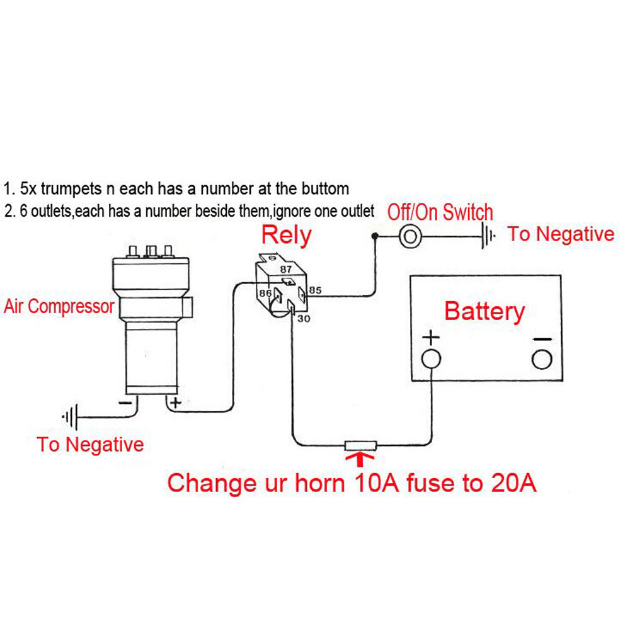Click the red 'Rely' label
[286, 235]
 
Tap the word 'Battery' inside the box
[484, 312]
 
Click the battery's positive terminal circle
[431, 359]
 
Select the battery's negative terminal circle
[541, 359]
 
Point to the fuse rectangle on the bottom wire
[360, 445]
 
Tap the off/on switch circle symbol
[409, 236]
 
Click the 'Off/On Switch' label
[440, 212]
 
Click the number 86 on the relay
[265, 293]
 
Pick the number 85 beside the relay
[316, 290]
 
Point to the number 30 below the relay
[304, 319]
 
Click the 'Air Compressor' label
[59, 307]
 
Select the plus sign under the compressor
[175, 401]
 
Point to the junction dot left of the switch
[375, 236]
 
